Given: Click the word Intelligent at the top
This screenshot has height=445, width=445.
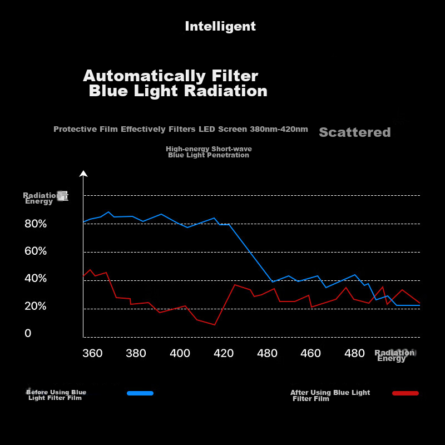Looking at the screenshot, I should pyautogui.click(x=220, y=26).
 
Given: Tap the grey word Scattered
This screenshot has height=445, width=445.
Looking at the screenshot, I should pyautogui.click(x=355, y=132).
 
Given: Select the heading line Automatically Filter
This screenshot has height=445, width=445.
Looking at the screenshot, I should pyautogui.click(x=170, y=76).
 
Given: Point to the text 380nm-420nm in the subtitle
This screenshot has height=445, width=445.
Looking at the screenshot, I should pyautogui.click(x=279, y=129).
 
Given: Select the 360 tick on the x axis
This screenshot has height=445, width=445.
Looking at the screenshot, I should pyautogui.click(x=92, y=353).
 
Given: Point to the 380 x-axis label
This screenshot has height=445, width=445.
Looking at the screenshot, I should pyautogui.click(x=136, y=353).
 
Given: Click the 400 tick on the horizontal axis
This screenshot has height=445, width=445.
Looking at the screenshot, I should pyautogui.click(x=180, y=353).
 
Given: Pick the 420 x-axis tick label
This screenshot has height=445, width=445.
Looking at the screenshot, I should pyautogui.click(x=224, y=353).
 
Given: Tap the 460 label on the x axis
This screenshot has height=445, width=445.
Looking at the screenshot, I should pyautogui.click(x=311, y=353).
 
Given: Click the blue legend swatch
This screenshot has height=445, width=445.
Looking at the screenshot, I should pyautogui.click(x=140, y=393).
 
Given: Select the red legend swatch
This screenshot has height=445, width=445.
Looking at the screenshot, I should pyautogui.click(x=406, y=393).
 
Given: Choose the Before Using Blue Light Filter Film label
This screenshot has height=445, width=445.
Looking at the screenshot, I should pyautogui.click(x=56, y=395).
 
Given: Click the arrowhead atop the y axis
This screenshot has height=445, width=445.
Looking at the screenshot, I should pyautogui.click(x=83, y=174).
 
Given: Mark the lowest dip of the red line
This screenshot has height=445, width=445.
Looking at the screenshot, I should pyautogui.click(x=215, y=324).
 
